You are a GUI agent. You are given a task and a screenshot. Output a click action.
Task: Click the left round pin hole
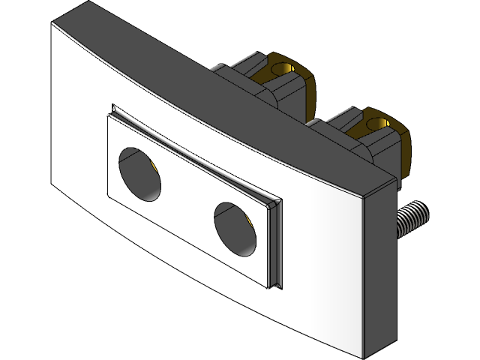(x=141, y=174)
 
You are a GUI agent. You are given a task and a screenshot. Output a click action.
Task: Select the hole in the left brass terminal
(x=282, y=70)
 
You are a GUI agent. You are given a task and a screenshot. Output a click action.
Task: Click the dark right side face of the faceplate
(x=378, y=270)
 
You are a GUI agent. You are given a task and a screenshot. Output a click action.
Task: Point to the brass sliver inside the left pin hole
(x=152, y=166)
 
